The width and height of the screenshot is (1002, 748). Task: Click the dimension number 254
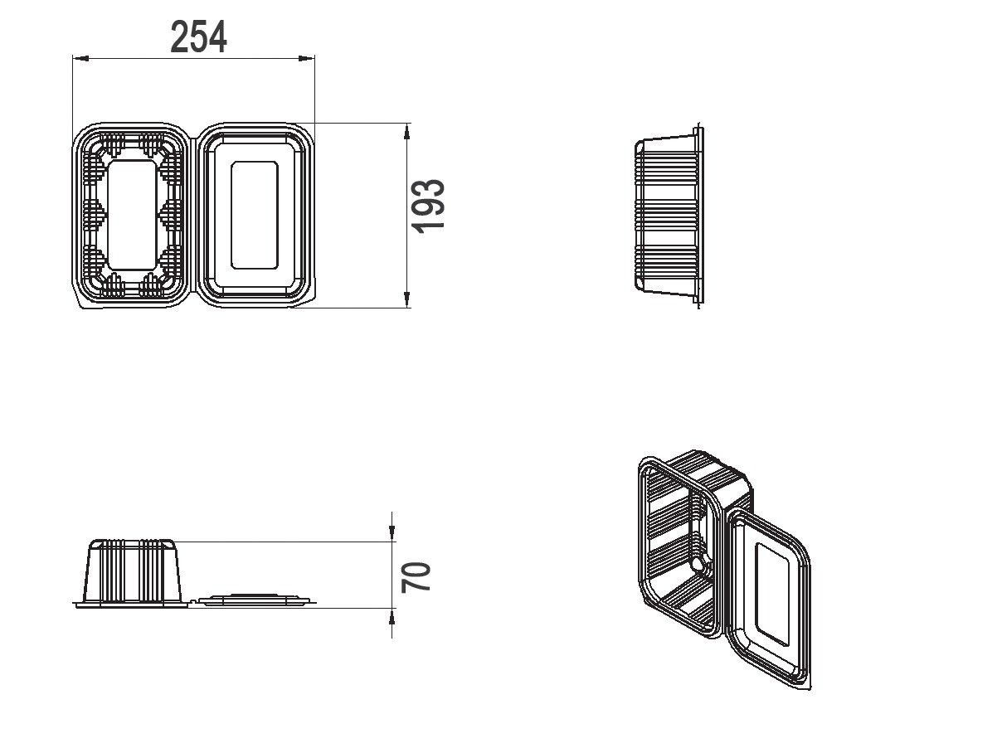(198, 37)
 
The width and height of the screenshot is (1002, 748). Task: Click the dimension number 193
(428, 206)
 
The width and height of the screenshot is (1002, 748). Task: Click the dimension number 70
(416, 577)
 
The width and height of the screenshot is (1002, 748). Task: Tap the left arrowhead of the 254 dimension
(80, 58)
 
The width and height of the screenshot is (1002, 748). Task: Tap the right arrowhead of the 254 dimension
(307, 58)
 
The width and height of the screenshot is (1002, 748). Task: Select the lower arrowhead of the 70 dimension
(392, 617)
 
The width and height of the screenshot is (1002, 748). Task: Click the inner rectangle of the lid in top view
(255, 215)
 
